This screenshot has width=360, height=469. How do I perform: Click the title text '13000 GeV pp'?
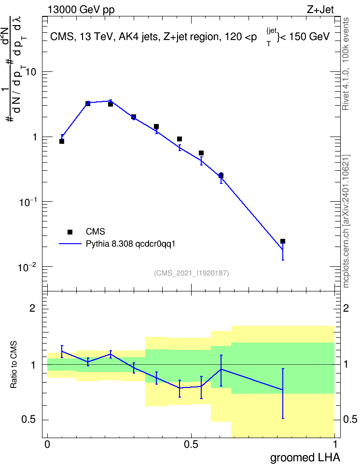(x=81, y=10)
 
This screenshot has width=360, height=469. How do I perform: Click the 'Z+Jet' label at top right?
(x=320, y=10)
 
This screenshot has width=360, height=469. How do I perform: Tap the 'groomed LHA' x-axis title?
(x=305, y=457)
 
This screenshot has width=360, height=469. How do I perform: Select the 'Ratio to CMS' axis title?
(x=14, y=365)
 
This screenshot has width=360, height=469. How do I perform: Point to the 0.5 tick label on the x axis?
(x=191, y=444)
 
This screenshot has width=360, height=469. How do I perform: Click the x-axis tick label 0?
(x=47, y=444)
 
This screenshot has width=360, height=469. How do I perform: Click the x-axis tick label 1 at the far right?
(x=335, y=444)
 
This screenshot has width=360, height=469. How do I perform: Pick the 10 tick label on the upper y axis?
(x=31, y=72)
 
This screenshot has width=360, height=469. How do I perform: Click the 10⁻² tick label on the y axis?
(x=28, y=267)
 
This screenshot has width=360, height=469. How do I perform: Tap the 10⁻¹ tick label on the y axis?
(x=28, y=202)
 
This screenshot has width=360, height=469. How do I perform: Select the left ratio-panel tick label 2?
(x=32, y=308)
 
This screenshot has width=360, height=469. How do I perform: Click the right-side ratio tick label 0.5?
(x=350, y=419)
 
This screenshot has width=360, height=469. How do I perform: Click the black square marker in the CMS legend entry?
(x=70, y=232)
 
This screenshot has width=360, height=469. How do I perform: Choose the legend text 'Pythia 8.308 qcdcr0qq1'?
(x=130, y=244)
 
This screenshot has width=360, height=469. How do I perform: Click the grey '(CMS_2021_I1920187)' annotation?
(x=192, y=273)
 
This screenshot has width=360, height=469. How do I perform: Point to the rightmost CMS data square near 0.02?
(x=282, y=241)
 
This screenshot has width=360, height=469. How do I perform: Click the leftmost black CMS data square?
(x=62, y=141)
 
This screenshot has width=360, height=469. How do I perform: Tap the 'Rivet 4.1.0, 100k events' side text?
(x=346, y=64)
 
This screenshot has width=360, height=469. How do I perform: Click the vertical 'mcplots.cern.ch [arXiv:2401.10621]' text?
(x=346, y=221)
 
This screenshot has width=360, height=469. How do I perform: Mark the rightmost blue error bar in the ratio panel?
(x=283, y=393)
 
